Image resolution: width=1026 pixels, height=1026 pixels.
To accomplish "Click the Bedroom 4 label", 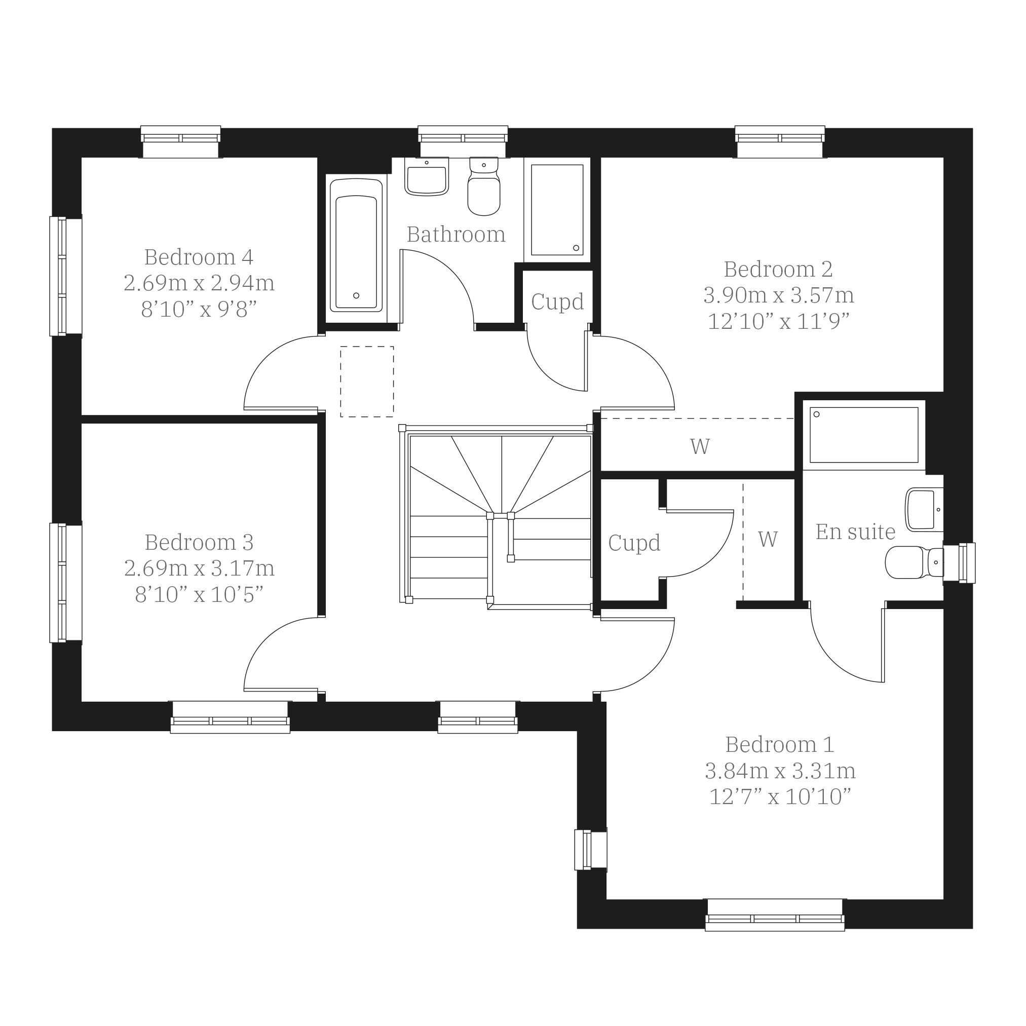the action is click(199, 257).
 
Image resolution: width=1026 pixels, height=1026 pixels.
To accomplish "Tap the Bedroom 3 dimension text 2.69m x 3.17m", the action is click(199, 569).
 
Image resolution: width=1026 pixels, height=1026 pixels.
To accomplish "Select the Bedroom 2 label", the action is click(778, 270).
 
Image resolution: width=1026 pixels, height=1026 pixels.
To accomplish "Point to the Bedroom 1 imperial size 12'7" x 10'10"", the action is click(780, 796).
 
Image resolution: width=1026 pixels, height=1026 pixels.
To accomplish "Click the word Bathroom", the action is click(456, 235).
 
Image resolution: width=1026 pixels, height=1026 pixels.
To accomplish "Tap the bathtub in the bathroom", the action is click(356, 245).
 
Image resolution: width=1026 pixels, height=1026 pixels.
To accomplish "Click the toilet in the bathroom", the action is click(484, 186).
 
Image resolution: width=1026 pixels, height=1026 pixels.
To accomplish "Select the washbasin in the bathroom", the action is click(427, 176).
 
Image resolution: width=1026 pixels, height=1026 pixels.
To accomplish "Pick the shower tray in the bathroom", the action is click(557, 209).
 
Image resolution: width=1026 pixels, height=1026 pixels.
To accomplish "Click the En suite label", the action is click(855, 532).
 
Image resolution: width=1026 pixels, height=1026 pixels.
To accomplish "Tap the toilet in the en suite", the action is click(914, 562).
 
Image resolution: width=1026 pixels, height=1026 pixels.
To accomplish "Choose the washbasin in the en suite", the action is click(924, 510).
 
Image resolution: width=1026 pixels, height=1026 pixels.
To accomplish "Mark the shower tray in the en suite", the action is click(864, 435).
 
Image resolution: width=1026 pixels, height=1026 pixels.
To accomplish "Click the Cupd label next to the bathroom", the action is click(557, 302).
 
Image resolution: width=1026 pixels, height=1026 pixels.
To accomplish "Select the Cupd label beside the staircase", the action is click(634, 543).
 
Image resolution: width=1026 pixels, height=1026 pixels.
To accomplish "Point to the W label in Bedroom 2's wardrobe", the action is click(700, 446).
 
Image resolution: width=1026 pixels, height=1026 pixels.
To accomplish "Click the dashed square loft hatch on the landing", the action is click(367, 382).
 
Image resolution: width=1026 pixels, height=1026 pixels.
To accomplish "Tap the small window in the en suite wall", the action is click(959, 563).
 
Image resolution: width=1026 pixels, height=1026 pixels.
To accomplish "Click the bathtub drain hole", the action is click(356, 296).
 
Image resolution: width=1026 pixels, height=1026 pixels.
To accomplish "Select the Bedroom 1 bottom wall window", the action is click(775, 915).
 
